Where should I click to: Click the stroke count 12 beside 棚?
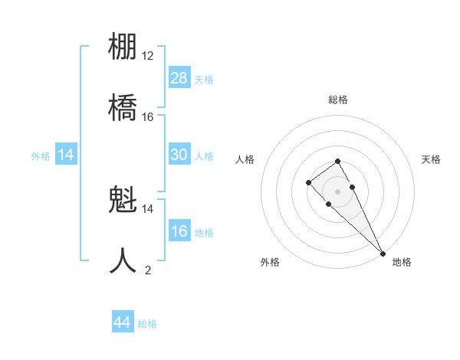click(148, 56)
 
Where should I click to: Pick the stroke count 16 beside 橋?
click(148, 116)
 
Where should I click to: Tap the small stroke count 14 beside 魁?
click(148, 208)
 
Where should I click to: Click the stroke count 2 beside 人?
click(148, 270)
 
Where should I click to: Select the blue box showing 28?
click(179, 78)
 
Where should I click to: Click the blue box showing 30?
click(179, 155)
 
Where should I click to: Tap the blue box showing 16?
click(179, 231)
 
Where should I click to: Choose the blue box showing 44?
click(123, 322)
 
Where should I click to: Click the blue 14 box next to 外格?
click(66, 155)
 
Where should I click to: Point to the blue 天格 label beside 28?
click(204, 80)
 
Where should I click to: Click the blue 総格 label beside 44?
click(147, 324)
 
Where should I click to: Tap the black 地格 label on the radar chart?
click(402, 262)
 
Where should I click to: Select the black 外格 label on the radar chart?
click(270, 262)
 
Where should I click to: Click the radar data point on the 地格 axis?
click(382, 253)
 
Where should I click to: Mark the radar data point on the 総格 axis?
click(337, 161)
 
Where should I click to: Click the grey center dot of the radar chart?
click(337, 191)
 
